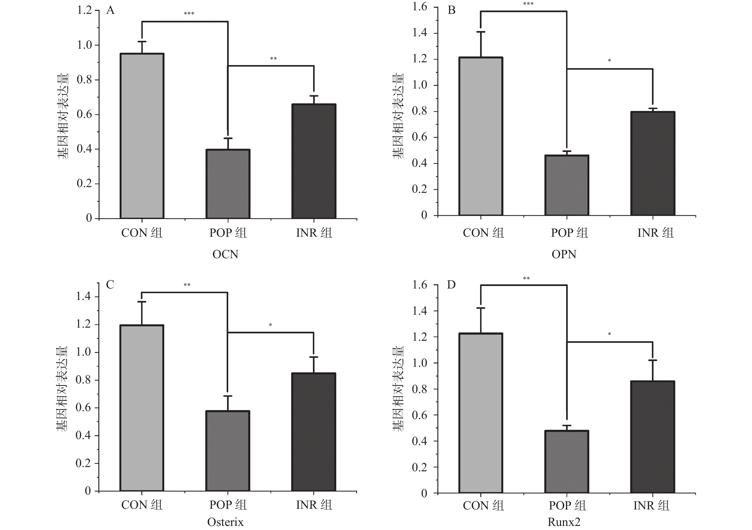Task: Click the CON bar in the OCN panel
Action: tap(142, 136)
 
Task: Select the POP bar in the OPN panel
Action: tap(567, 185)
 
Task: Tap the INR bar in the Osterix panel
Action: tap(314, 432)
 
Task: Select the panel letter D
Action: tap(451, 285)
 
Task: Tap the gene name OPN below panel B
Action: tap(564, 254)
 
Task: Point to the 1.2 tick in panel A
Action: tap(84, 10)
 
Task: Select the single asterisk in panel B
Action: tap(609, 61)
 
